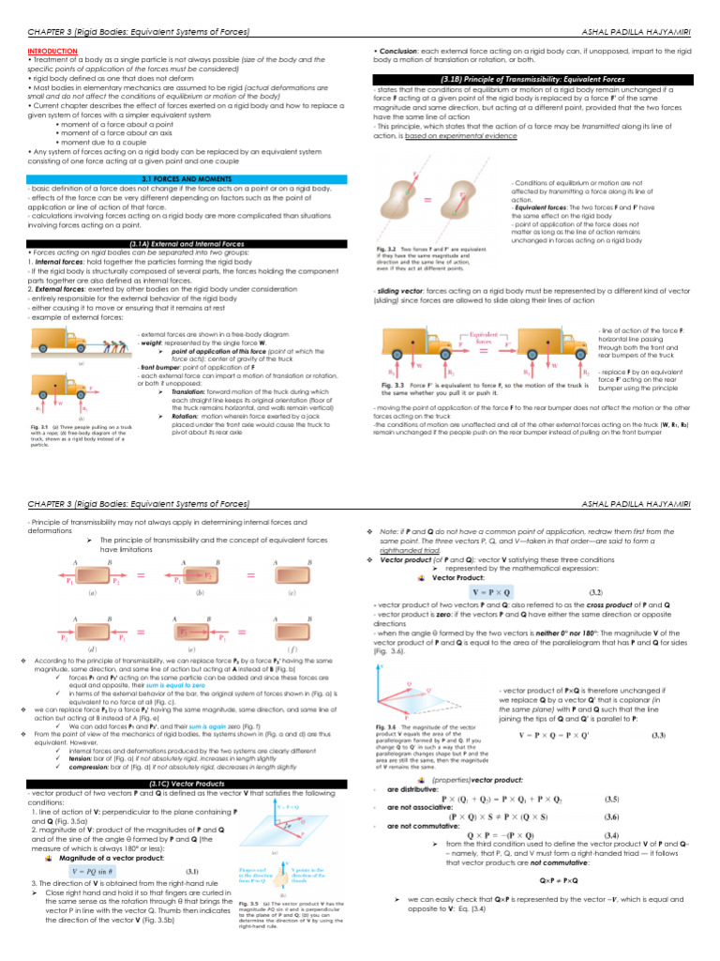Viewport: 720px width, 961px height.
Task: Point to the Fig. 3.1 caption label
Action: coord(39,425)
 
